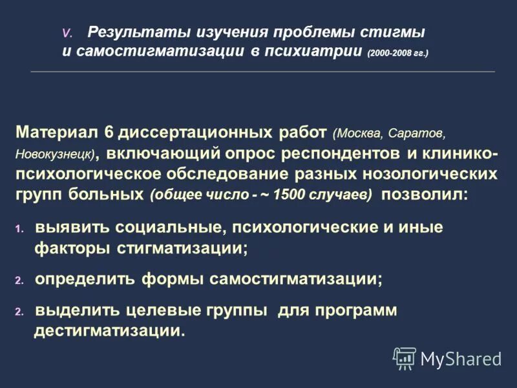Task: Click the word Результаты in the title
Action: point(129,32)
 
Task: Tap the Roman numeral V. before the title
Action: point(68,33)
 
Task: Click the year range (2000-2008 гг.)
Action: point(397,52)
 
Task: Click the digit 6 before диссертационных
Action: point(109,133)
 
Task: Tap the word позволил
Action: point(422,195)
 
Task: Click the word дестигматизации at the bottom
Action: point(108,331)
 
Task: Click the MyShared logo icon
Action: point(405,358)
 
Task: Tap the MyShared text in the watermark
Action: point(461,358)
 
